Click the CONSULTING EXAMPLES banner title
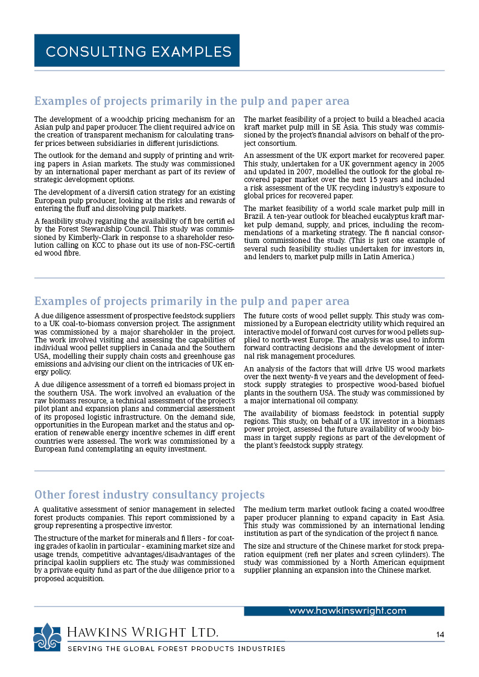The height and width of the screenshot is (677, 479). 138,51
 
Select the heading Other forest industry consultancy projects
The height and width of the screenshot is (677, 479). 149,495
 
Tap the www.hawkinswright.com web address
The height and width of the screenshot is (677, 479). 347,611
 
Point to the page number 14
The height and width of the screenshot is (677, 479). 440,634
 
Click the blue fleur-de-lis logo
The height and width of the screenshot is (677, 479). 47,637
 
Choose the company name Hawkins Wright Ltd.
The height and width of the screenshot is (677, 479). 142,632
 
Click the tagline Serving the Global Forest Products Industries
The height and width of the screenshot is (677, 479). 176,649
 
